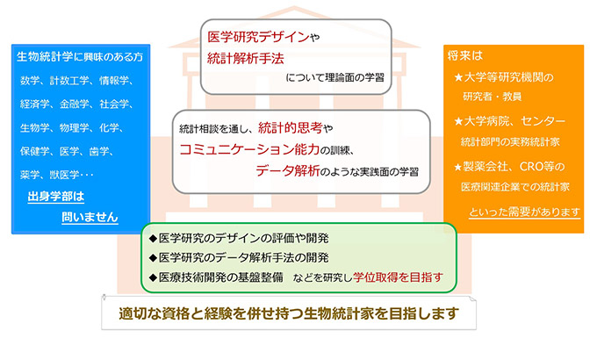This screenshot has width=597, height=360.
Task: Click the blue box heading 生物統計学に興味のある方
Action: click(80, 57)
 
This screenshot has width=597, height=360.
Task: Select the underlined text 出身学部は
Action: click(56, 197)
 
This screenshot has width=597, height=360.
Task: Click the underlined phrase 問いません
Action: click(90, 217)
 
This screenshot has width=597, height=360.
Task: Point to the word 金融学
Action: click(75, 104)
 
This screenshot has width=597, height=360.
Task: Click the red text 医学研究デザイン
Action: click(258, 37)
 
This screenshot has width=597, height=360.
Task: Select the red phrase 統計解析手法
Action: click(246, 59)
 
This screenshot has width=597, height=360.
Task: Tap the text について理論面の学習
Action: click(334, 78)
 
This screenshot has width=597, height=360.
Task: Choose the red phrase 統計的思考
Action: click(290, 128)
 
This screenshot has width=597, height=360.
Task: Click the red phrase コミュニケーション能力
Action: click(249, 149)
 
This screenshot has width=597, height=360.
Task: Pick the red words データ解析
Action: click(288, 170)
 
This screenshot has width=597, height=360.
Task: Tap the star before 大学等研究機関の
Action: click(458, 78)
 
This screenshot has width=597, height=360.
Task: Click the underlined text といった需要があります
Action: click(525, 212)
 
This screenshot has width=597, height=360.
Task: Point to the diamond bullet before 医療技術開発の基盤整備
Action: click(153, 277)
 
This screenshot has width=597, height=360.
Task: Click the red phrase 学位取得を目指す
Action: click(398, 277)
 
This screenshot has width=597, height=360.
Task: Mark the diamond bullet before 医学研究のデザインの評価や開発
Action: click(153, 239)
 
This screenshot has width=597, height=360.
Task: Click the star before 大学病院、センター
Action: click(458, 121)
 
